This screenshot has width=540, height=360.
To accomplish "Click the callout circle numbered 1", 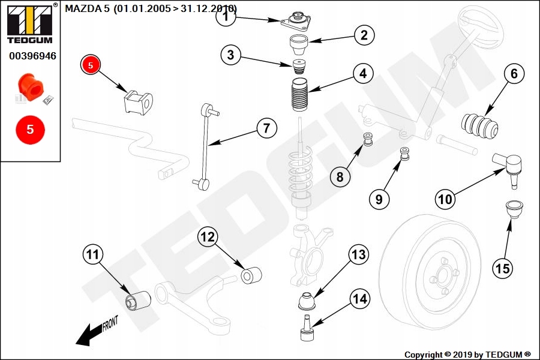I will point(226,17).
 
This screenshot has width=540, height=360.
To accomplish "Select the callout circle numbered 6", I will point(514,74).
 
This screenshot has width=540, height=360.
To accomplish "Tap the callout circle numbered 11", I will point(92,255).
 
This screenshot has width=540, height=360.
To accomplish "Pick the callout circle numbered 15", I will point(503,268).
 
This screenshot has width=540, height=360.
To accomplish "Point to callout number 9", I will point(379,199).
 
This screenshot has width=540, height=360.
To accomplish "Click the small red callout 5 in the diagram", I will point(91,65).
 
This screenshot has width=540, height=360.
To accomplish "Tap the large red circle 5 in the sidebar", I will point(30,129).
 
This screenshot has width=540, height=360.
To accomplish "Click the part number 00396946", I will point(32,56).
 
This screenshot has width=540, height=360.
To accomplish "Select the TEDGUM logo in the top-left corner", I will point(29,24).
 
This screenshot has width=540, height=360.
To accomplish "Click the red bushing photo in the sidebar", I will point(31,86).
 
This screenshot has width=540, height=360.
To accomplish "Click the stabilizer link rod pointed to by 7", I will point(206,144).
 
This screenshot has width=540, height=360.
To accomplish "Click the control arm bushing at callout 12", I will point(251,275).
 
